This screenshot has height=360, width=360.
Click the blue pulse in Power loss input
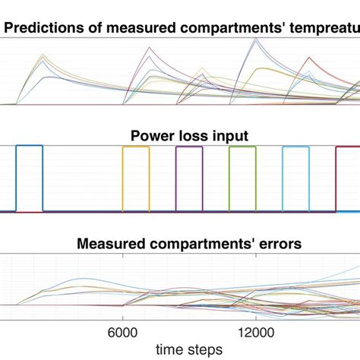pos(30,149)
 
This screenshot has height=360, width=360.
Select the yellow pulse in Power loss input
pos(136,149)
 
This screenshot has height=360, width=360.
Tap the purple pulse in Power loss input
pos(189,149)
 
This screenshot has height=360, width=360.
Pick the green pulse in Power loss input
pos(242,149)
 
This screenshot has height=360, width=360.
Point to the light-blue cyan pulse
pos(295,149)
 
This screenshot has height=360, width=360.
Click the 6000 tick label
pos(123,333)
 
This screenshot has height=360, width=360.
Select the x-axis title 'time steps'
pos(188,349)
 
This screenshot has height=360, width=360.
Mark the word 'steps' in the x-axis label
pos(205,349)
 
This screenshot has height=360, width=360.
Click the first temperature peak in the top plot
pos(43,54)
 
